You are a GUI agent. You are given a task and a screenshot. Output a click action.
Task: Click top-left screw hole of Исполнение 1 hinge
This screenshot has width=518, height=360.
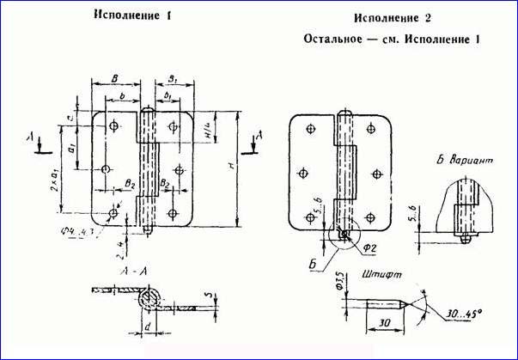113,126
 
